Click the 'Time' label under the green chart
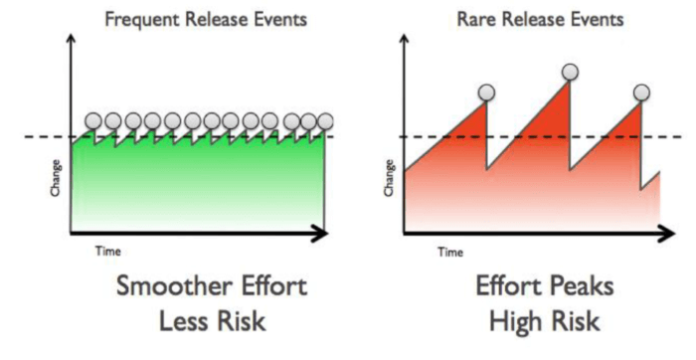point(107,252)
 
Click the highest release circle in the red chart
point(570,72)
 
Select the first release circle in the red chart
point(485,93)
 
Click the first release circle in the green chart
point(93,121)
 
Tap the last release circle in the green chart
point(325,121)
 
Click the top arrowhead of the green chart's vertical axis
point(71,41)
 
